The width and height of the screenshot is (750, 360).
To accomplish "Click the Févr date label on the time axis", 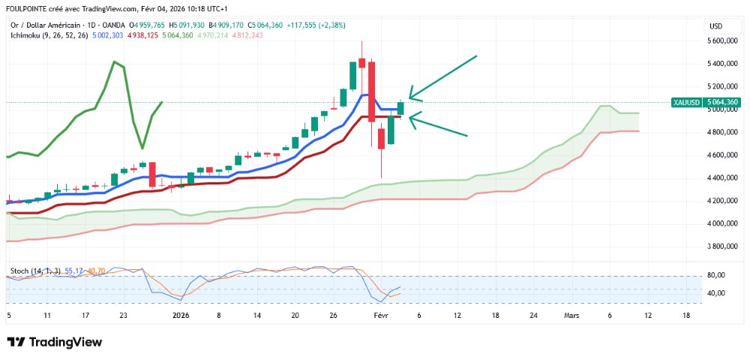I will pyautogui.click(x=380, y=316).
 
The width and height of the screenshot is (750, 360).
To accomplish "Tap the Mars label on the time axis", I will pyautogui.click(x=572, y=316).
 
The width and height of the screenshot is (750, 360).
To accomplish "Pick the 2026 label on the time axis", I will pyautogui.click(x=181, y=316).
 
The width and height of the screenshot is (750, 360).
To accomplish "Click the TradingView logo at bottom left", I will pyautogui.click(x=54, y=342).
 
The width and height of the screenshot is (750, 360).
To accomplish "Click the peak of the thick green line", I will pyautogui.click(x=114, y=61).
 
